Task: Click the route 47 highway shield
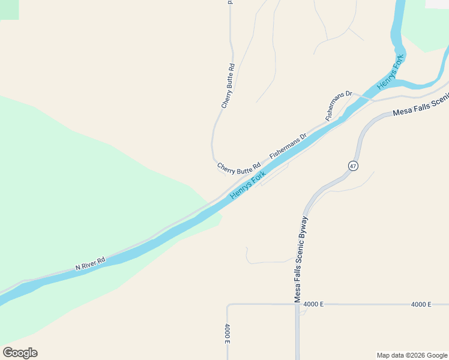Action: point(353,166)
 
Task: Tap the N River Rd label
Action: point(91,262)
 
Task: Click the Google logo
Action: point(20,353)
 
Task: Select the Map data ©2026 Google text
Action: point(411,355)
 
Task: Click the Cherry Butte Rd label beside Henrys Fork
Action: point(239,166)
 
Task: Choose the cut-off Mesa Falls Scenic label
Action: point(420,106)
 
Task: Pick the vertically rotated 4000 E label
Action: point(228,334)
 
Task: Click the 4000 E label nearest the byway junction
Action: point(313,304)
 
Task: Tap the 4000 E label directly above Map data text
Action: point(421,304)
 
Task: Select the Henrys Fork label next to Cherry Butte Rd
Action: point(247,185)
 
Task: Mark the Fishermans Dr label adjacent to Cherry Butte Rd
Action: point(288,146)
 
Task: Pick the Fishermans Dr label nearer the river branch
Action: point(339,106)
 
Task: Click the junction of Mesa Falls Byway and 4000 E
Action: point(297,304)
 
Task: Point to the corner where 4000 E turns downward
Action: point(228,305)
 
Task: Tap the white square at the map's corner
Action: point(437,4)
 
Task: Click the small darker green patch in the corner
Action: point(9,9)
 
